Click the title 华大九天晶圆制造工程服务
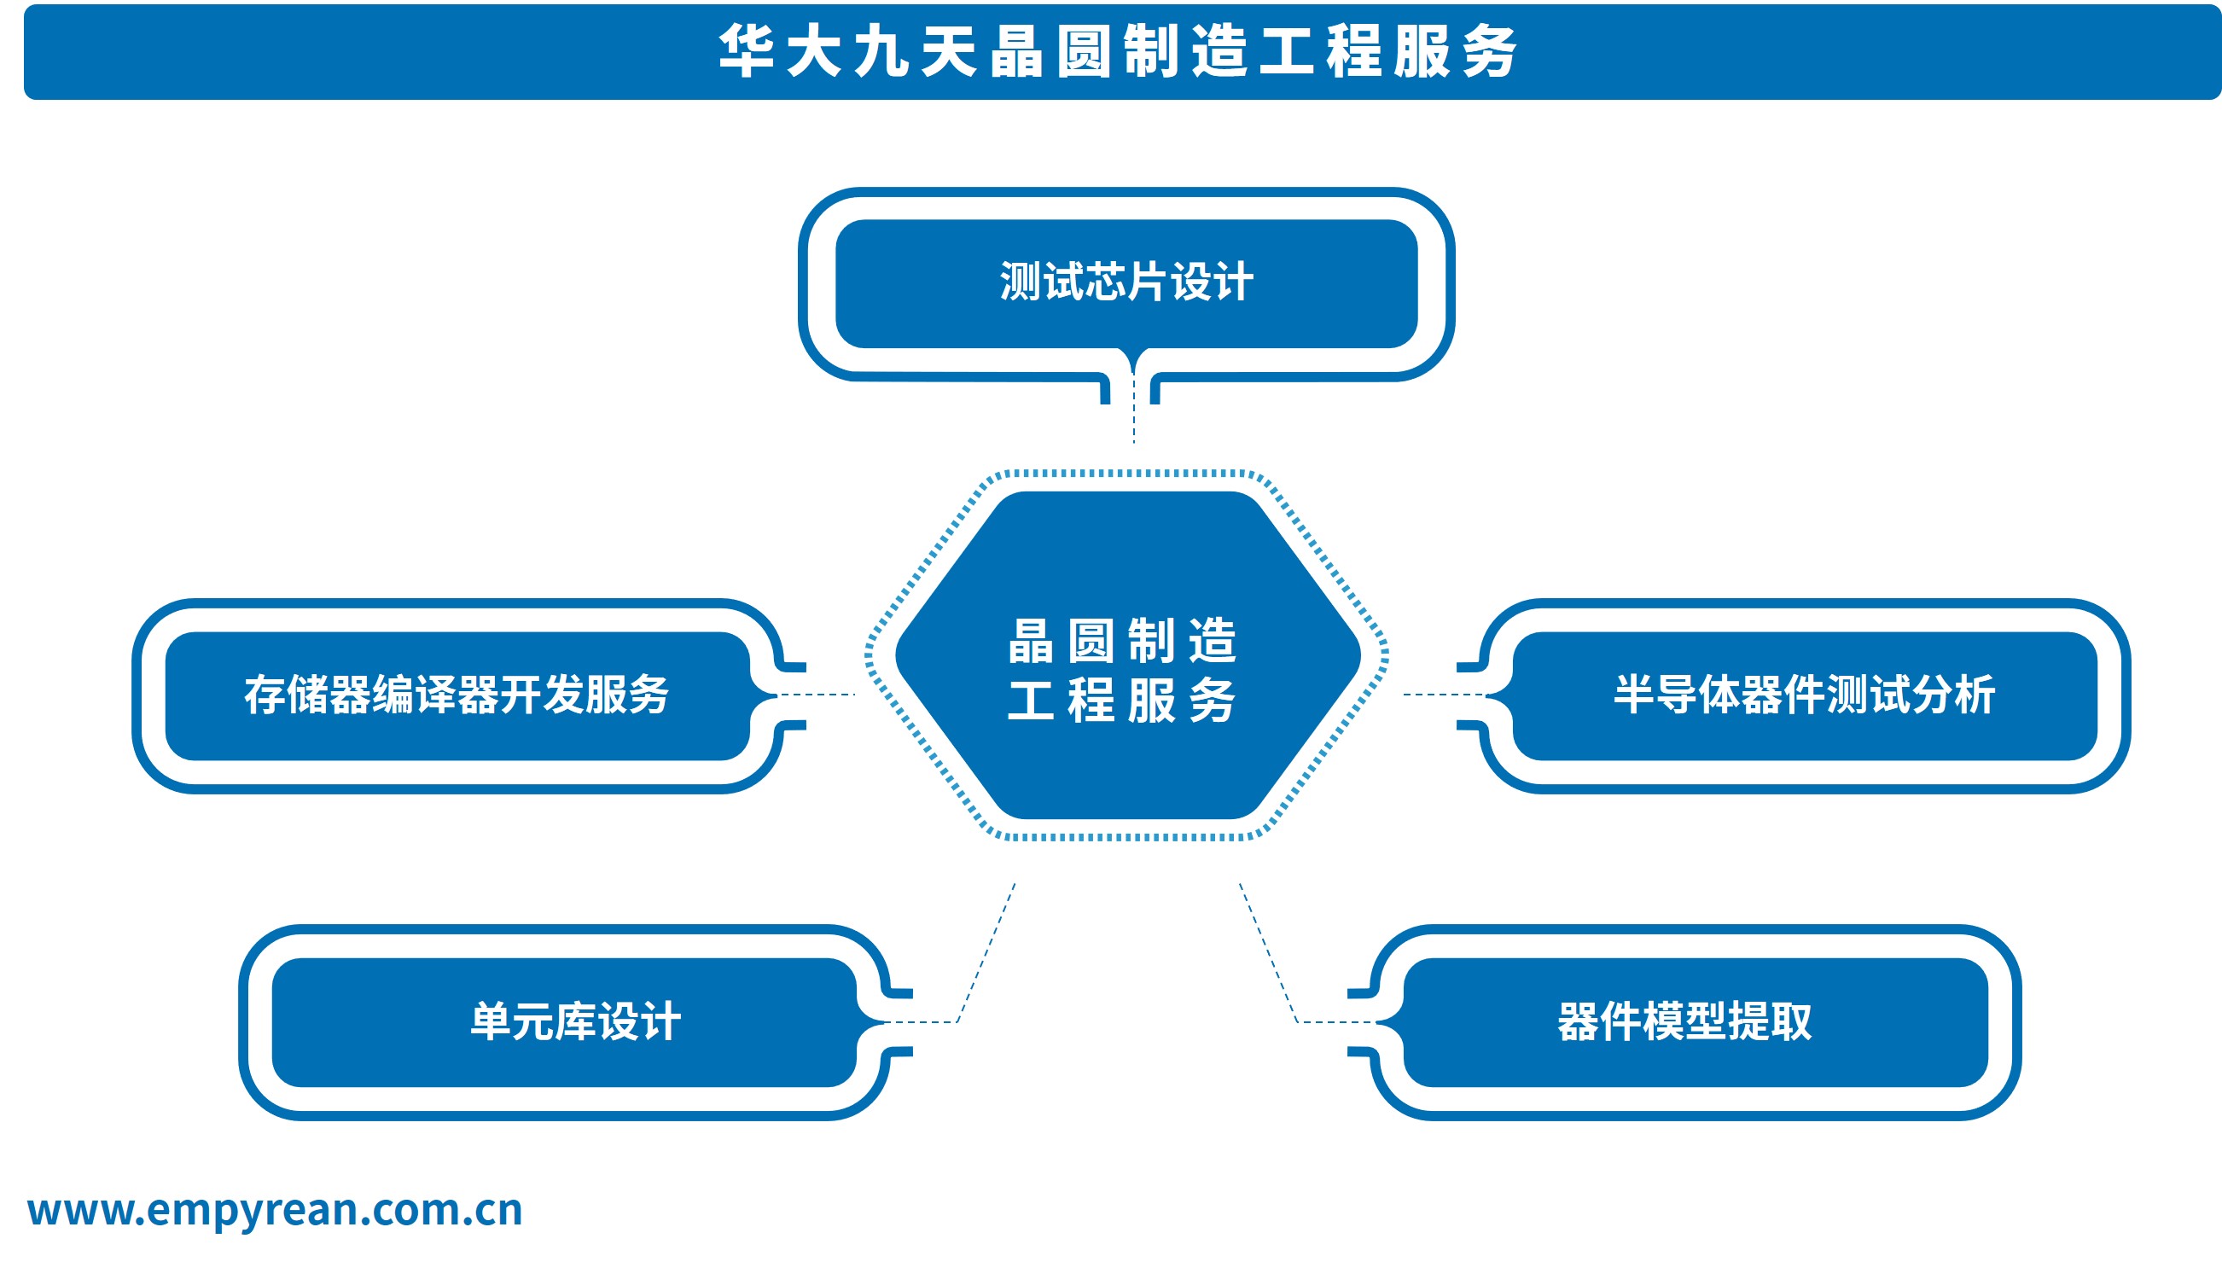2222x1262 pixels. point(1118,51)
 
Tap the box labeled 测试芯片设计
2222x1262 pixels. point(1126,283)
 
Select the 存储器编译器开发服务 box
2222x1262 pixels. point(457,696)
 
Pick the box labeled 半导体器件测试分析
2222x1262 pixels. point(1805,696)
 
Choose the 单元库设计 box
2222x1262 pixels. point(564,1023)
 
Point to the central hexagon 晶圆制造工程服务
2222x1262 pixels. point(1127,655)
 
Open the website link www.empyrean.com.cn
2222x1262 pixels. point(275,1211)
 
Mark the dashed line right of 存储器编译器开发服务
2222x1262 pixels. point(817,695)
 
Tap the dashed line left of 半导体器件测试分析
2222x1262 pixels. point(1445,695)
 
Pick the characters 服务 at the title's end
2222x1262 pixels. point(1456,51)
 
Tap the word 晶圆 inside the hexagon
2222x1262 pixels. point(1062,642)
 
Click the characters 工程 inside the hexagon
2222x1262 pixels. point(1062,701)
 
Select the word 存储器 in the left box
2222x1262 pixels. point(308,695)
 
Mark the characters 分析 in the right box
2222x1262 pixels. point(1953,695)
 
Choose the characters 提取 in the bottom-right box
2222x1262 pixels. point(1770,1022)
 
